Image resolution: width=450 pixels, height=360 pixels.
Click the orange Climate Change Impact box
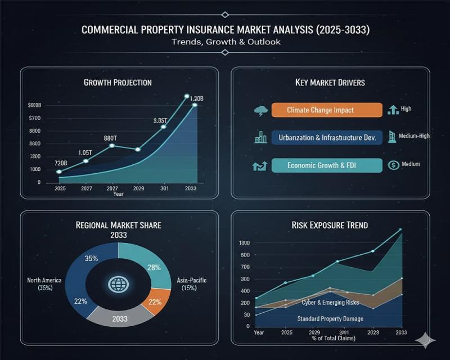click(320, 110)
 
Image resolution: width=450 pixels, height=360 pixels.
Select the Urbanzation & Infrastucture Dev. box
click(327, 137)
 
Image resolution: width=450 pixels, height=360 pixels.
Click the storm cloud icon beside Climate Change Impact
click(260, 110)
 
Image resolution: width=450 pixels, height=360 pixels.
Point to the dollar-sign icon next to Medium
click(393, 165)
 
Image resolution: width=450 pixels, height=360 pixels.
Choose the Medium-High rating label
click(414, 136)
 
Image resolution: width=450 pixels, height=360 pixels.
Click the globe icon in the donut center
click(118, 284)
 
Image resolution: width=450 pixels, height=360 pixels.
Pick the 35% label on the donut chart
click(91, 259)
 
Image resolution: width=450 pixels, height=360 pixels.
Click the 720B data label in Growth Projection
click(61, 163)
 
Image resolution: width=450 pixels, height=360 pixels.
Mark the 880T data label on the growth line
click(110, 138)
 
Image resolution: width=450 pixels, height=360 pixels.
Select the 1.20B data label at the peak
click(196, 99)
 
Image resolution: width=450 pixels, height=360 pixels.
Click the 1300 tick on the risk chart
click(244, 242)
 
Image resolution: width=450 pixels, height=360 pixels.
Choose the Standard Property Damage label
click(330, 319)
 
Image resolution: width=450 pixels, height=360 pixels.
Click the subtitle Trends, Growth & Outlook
click(224, 41)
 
